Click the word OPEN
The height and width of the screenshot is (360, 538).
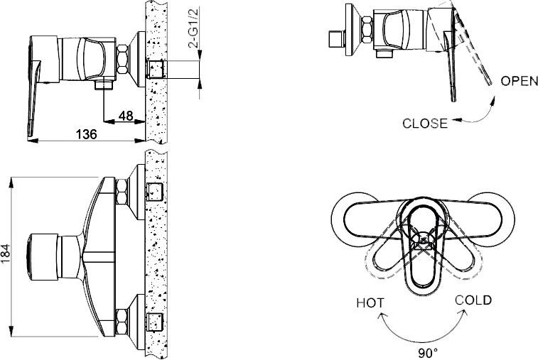pyautogui.click(x=519, y=80)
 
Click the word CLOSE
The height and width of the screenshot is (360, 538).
pyautogui.click(x=425, y=123)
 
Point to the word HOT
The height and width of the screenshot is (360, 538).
pyautogui.click(x=370, y=302)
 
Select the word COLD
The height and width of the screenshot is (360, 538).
pyautogui.click(x=474, y=300)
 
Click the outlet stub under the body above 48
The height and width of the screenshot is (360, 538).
pyautogui.click(x=104, y=85)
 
